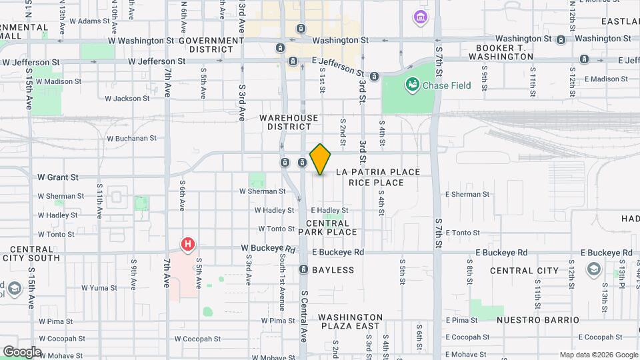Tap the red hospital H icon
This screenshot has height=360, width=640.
189,245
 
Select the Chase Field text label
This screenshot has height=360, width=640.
447,85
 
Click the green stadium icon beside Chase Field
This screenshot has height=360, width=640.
413,85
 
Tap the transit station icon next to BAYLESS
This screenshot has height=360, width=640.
303,269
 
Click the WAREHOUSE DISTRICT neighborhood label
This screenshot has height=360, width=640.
293,122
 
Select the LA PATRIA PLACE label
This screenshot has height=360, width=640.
378,172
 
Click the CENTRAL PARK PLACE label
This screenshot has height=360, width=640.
327,227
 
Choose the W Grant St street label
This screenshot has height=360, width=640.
58,177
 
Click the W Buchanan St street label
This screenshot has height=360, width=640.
131,139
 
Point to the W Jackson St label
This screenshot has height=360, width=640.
127,99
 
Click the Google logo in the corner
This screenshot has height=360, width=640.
21,351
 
